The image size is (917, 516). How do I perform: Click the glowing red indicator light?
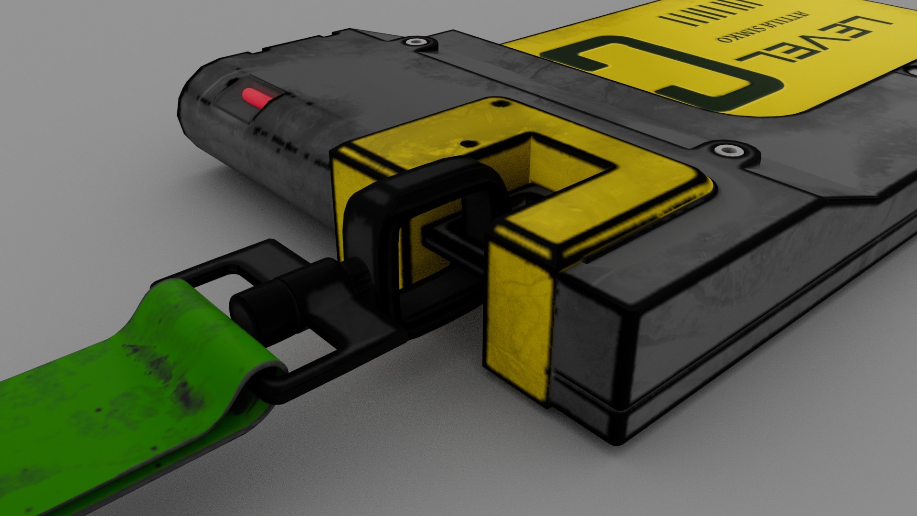pos(257,97)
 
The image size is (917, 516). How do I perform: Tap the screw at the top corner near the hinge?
pos(416,42)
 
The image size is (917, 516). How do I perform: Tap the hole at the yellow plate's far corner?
pos(499,103)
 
